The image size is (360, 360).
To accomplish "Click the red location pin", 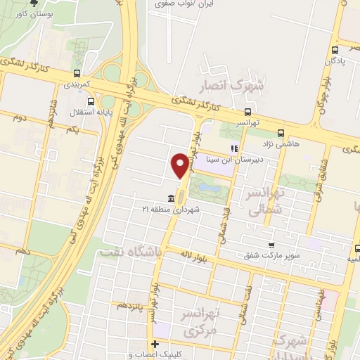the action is click(180, 165).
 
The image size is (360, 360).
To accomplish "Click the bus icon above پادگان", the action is click(335, 49).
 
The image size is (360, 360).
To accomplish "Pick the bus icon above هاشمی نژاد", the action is click(281, 132).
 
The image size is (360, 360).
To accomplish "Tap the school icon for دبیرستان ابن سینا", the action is click(233, 148).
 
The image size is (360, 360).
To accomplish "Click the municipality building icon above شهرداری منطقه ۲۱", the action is click(172, 198).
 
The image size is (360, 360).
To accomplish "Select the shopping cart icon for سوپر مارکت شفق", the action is click(271, 245).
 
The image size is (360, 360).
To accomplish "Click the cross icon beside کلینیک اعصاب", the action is click(155, 345).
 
